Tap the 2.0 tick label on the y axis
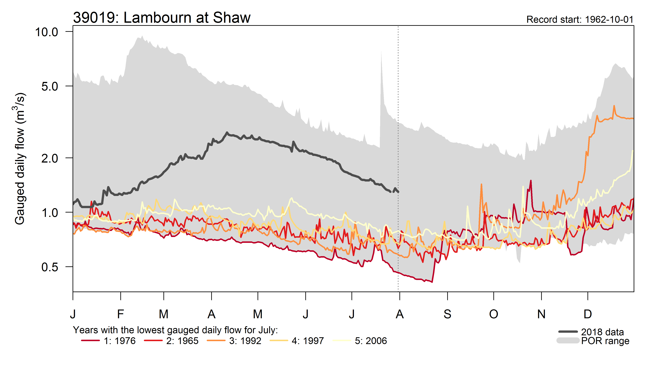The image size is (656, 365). pyautogui.click(x=50, y=158)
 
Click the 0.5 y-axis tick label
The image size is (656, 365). pyautogui.click(x=50, y=267)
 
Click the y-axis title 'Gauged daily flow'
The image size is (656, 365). pyautogui.click(x=20, y=158)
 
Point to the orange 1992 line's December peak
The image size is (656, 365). pyautogui.click(x=614, y=106)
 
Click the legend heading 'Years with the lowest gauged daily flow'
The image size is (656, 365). pyautogui.click(x=175, y=330)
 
